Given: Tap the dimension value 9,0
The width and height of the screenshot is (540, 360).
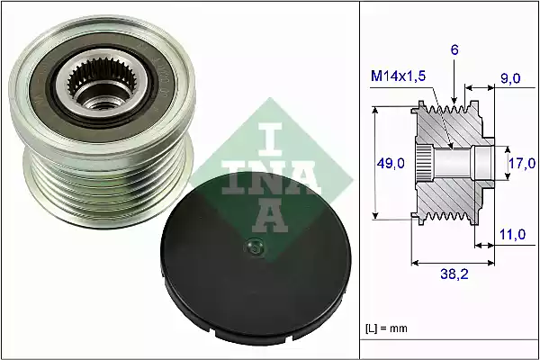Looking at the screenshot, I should point(510,78).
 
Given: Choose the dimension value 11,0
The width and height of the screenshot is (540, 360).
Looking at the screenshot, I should point(510,236).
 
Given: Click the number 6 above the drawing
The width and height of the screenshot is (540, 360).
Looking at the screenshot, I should point(455,52).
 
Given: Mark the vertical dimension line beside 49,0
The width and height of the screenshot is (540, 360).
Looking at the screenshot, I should point(375,163).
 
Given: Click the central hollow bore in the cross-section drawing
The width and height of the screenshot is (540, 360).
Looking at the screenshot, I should point(459,163).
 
